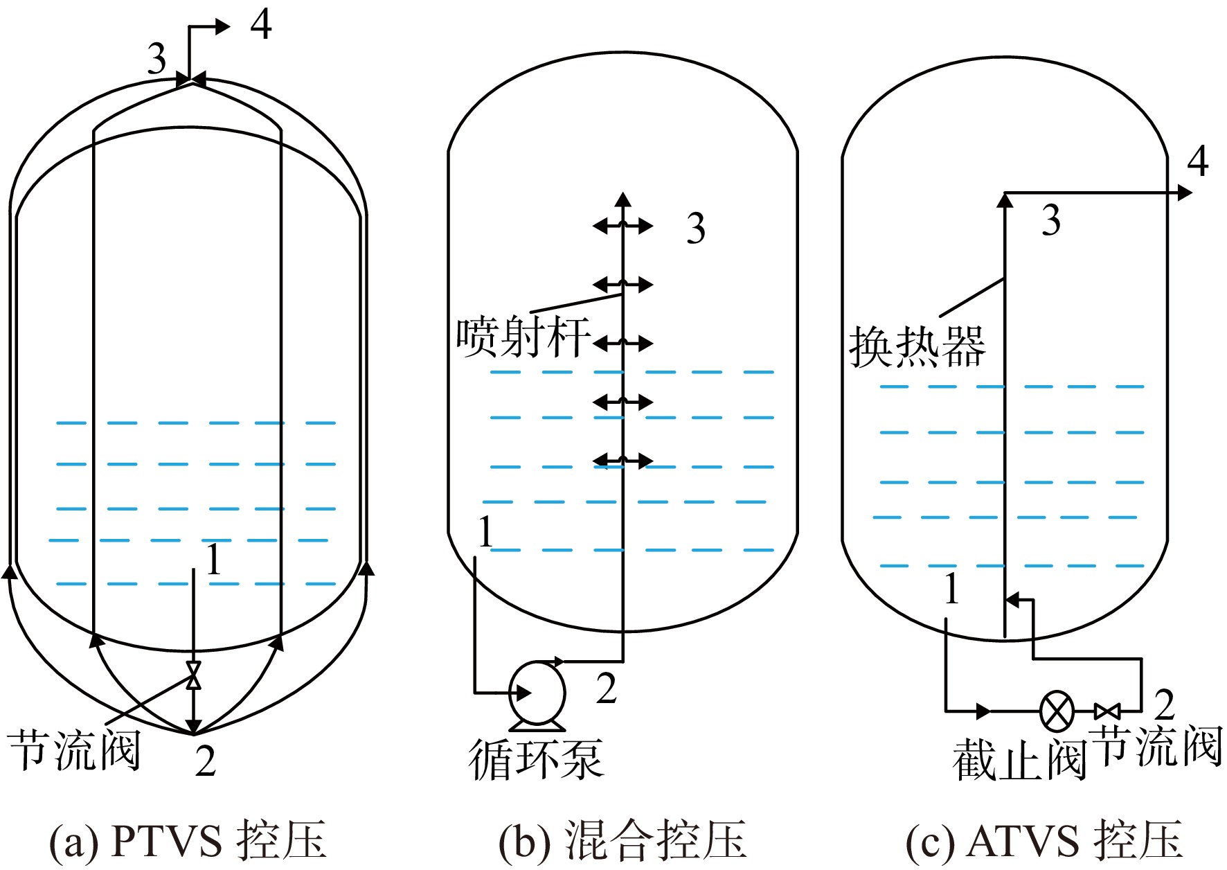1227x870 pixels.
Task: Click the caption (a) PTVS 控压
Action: pos(187,840)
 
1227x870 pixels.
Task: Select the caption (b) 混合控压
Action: pos(623,840)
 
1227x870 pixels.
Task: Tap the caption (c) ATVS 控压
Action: pos(1044,840)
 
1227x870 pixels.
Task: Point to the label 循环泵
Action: pos(536,760)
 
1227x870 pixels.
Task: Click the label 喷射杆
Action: pos(523,337)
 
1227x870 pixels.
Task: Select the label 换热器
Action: pos(917,346)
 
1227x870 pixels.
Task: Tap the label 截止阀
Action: pos(1018,760)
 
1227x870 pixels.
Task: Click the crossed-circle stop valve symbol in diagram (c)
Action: pos(1057,711)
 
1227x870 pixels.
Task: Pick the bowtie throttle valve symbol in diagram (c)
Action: pos(1107,711)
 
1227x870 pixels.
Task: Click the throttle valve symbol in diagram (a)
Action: pos(194,675)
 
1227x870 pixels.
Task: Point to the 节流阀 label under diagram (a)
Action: pos(75,750)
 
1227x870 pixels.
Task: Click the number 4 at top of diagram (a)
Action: pos(260,25)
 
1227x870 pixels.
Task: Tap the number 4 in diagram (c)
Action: pos(1197,161)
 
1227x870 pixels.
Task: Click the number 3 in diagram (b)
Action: pos(696,229)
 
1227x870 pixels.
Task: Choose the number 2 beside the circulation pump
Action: pos(606,689)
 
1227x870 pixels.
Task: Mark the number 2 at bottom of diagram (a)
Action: pos(205,761)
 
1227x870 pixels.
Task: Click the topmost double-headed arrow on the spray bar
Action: pos(623,225)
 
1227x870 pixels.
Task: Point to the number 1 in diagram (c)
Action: pos(952,588)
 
